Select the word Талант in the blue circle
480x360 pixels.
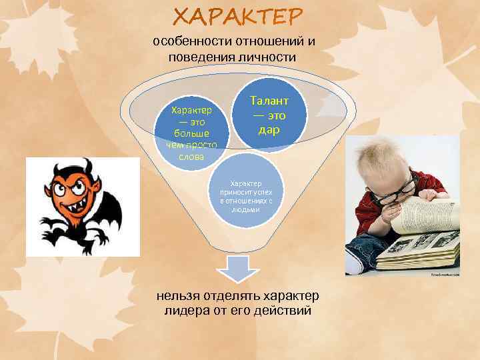(269, 101)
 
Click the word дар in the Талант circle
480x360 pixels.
(269, 129)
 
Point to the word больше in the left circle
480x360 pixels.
(191, 133)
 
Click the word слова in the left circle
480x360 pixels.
(191, 157)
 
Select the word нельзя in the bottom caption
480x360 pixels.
(179, 295)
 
